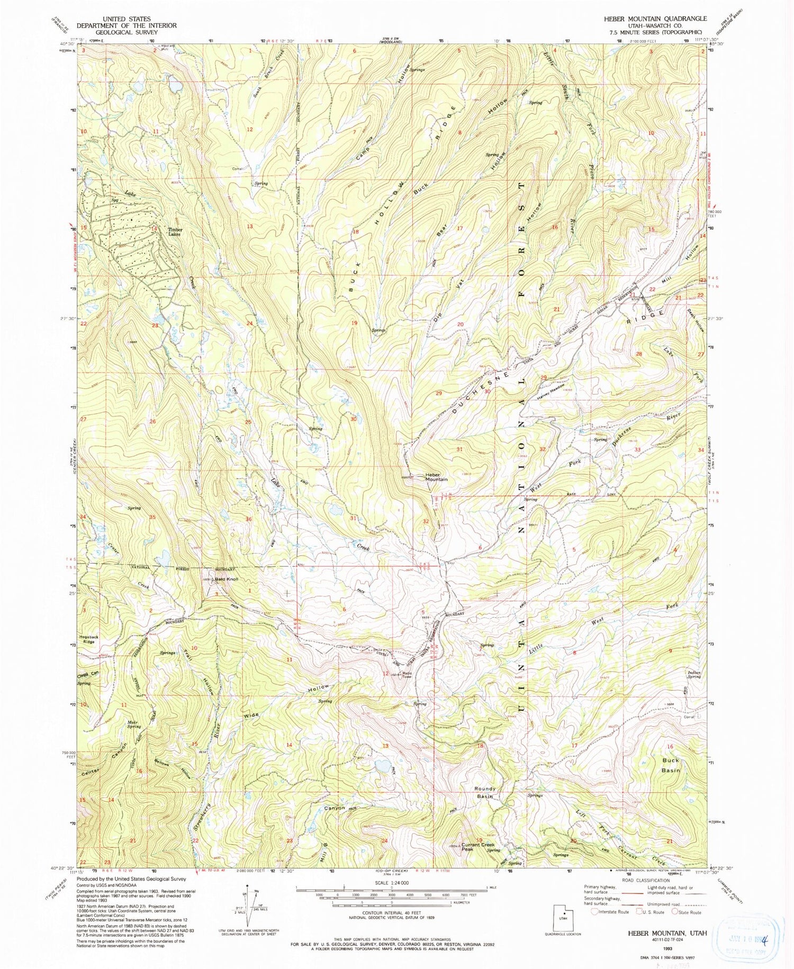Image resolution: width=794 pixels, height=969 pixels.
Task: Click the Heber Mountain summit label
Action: pos(437,477)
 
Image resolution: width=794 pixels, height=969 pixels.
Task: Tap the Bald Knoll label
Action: pos(227,579)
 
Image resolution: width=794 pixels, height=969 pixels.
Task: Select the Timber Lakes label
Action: pos(175,232)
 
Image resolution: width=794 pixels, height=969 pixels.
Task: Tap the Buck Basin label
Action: pos(671,765)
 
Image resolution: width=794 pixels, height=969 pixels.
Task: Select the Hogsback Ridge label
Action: pos(89,639)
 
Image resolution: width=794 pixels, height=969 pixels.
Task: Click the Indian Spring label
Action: pos(694,674)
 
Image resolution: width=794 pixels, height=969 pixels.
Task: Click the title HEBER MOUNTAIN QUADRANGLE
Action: pos(655,19)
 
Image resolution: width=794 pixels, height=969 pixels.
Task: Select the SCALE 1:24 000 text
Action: pos(390,883)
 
